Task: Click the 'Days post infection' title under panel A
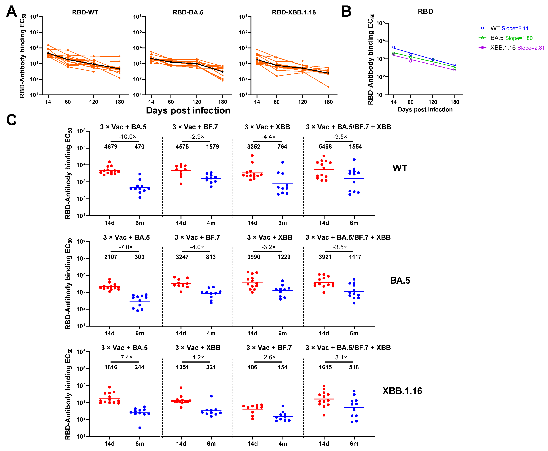[188, 110]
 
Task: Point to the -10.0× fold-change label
[127, 137]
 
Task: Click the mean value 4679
[111, 147]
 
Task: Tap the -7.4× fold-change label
[126, 357]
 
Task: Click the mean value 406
[252, 367]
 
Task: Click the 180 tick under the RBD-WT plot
[119, 102]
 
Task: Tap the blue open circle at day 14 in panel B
[393, 47]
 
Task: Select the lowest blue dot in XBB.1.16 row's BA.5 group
[140, 428]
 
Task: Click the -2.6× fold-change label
[269, 357]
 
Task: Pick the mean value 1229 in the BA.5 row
[284, 257]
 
